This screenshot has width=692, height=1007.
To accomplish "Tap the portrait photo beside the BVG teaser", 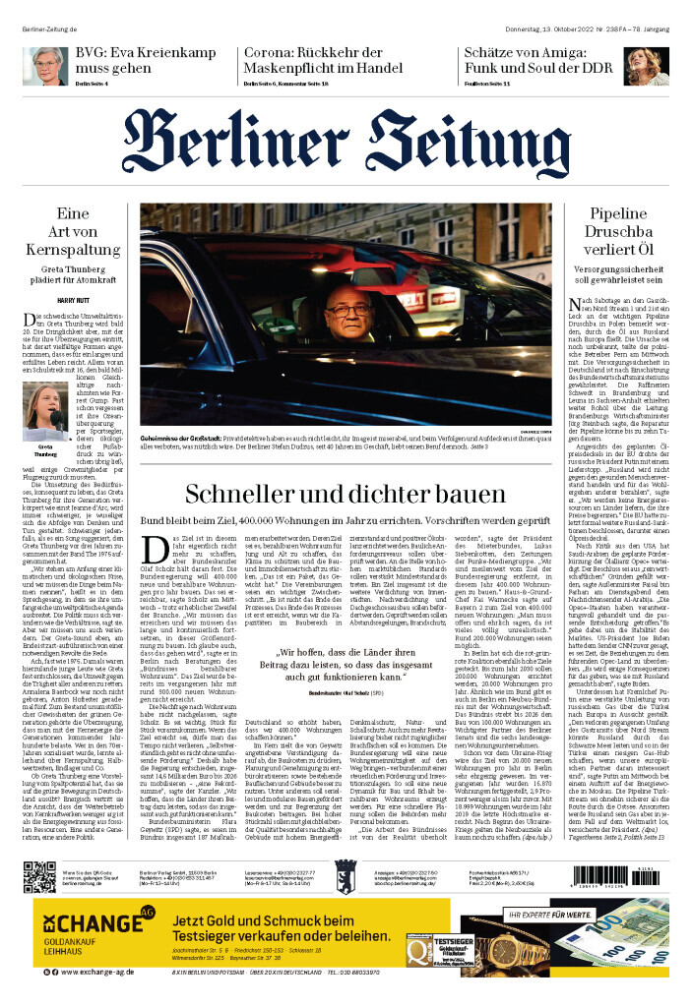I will [44, 65].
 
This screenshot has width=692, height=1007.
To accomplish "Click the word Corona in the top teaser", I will [271, 54].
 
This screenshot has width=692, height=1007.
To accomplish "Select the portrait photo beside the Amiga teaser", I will [646, 65].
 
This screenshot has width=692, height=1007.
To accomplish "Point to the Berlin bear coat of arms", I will [346, 875].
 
